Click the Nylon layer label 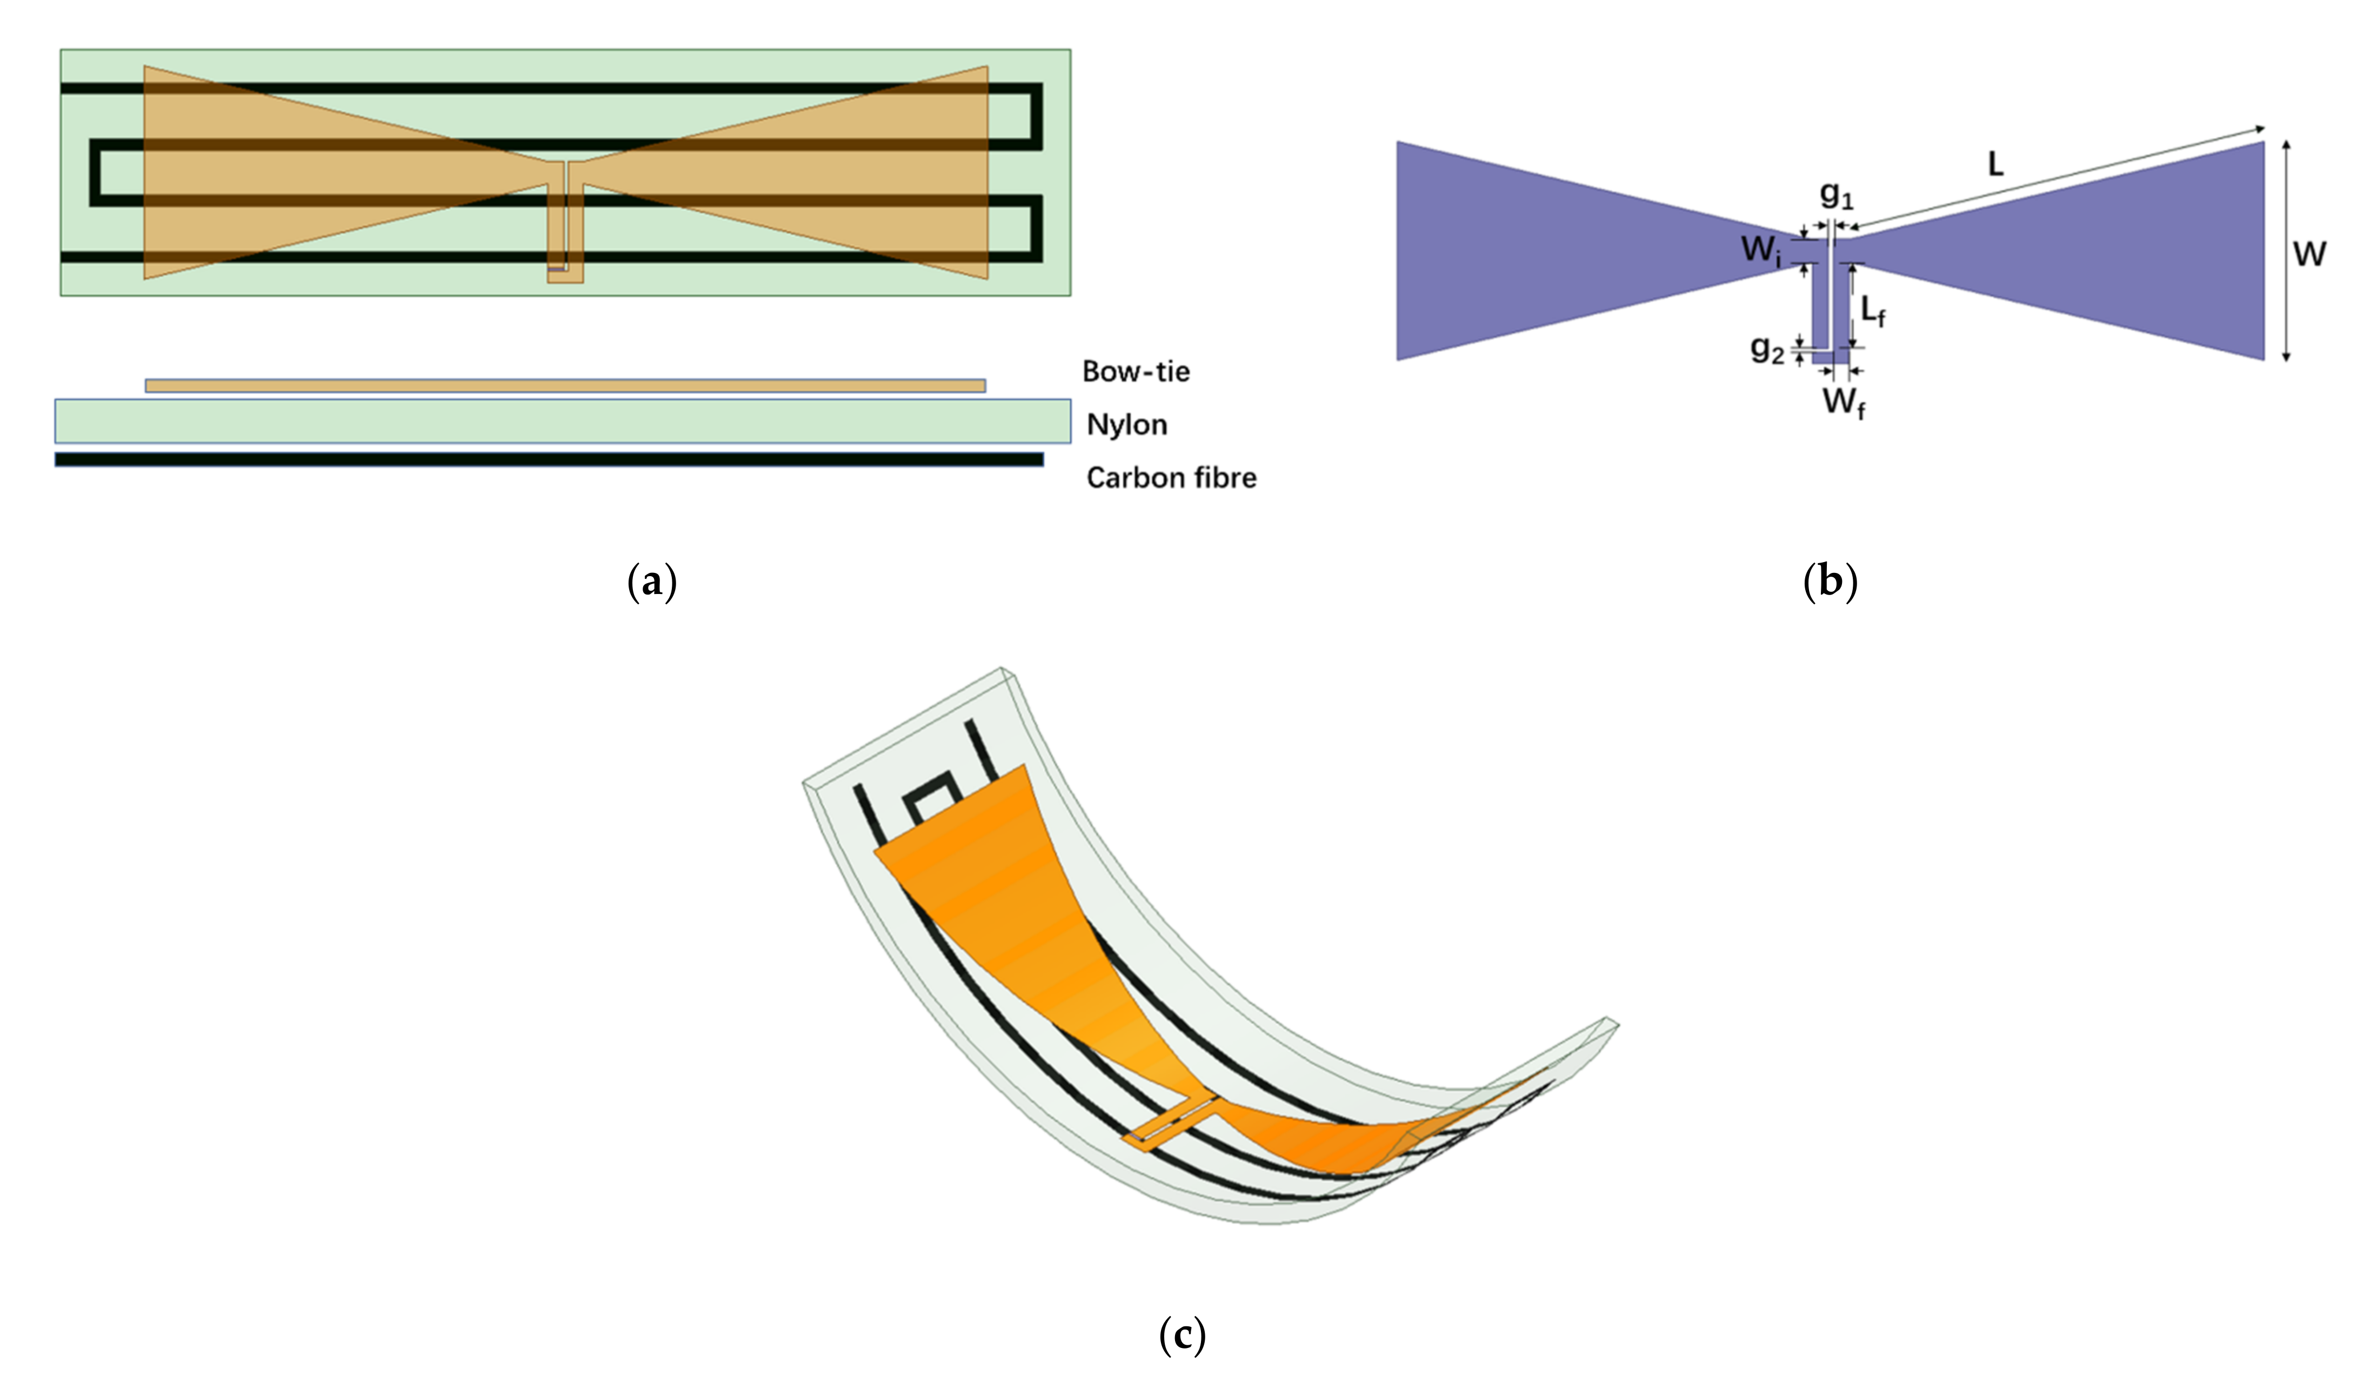(1126, 425)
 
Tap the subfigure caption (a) (652, 582)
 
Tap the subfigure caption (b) (1830, 582)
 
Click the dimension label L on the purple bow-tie (1995, 165)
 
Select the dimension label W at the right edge (2308, 253)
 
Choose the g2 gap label (1767, 349)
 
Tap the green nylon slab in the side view (563, 421)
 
